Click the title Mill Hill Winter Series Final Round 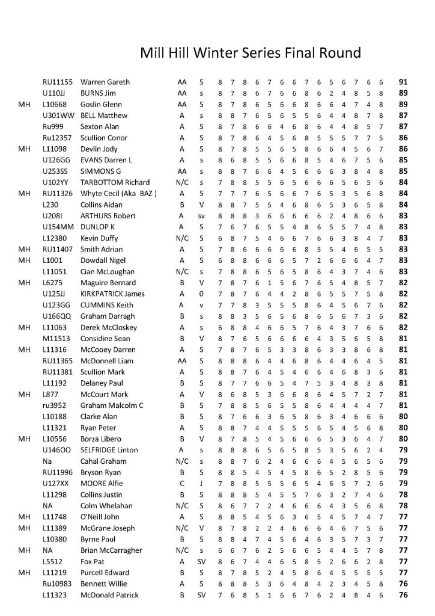point(251,52)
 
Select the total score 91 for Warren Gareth point(403,82)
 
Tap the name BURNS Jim point(99,93)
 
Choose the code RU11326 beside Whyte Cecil point(58,194)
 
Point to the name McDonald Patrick point(109,595)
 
